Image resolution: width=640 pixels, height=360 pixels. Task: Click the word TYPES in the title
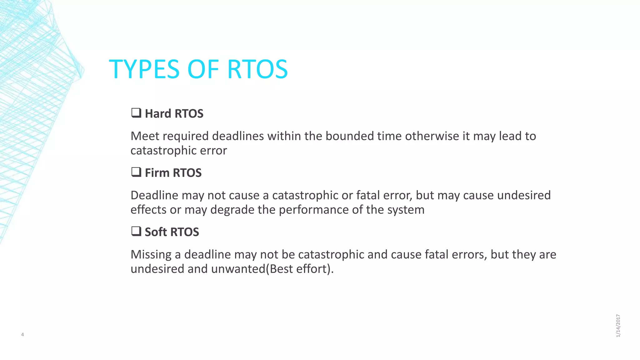tap(144, 69)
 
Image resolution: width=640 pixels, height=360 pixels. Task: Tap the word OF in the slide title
tap(203, 69)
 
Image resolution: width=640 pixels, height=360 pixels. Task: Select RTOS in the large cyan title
tap(257, 69)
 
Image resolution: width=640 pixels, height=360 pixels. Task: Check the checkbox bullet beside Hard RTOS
tap(136, 113)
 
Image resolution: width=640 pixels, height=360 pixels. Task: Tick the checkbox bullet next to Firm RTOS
tap(136, 172)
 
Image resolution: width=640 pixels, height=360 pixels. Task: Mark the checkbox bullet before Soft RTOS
tap(136, 231)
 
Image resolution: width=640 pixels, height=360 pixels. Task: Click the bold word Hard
tap(158, 113)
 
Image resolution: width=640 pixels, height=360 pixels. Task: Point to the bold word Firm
tap(157, 172)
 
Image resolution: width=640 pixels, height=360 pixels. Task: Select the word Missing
tap(151, 254)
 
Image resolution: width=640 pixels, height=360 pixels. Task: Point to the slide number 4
tap(22, 335)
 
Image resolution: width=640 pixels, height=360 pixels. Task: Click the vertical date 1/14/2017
tap(618, 326)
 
